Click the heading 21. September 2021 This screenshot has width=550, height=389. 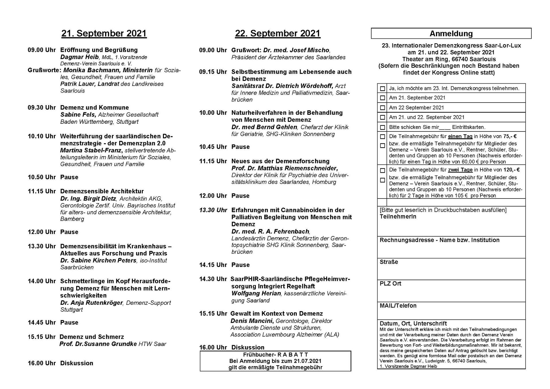point(104,34)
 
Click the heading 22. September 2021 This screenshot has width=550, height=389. point(278,34)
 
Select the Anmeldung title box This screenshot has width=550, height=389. point(451,34)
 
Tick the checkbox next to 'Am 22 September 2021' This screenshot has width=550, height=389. point(382,108)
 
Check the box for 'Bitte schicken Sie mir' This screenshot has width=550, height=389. point(382,127)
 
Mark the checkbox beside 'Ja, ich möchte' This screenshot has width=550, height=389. point(382,89)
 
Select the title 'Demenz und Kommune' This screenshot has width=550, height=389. point(95,108)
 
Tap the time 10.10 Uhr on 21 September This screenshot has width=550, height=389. point(42,136)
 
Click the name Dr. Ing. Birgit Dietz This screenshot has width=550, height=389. point(88,199)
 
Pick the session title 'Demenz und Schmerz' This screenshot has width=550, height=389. point(92,337)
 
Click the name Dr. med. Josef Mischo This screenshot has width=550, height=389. point(296,50)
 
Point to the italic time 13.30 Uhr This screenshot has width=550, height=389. point(213,210)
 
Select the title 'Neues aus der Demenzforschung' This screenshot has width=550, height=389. point(280,161)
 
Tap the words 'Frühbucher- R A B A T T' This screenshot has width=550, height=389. point(275,355)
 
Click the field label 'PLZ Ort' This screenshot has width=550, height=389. point(390,284)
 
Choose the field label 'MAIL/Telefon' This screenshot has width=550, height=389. point(398,306)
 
